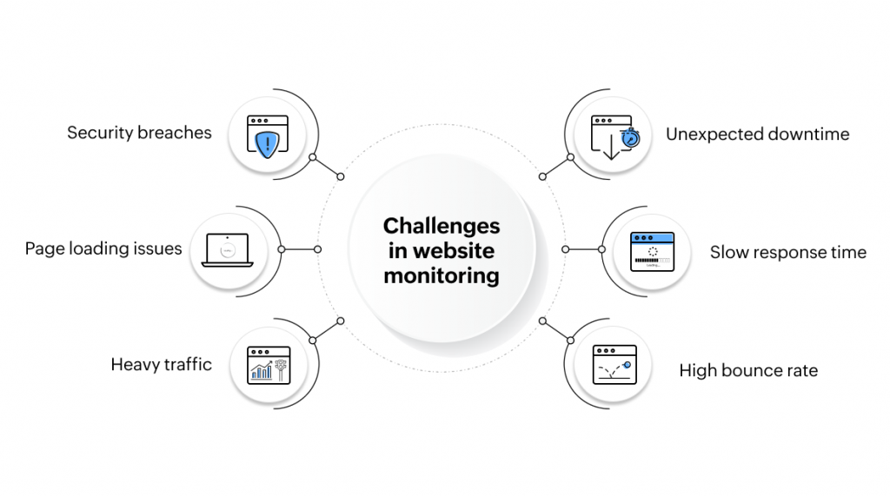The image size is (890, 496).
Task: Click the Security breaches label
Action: [139, 133]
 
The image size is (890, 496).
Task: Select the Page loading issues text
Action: [103, 249]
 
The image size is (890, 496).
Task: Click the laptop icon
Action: [227, 250]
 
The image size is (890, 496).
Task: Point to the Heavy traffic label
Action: [161, 365]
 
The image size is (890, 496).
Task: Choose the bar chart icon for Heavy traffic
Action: [262, 372]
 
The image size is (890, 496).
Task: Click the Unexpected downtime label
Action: [757, 135]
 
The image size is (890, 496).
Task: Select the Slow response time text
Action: [787, 253]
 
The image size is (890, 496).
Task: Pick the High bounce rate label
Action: [748, 371]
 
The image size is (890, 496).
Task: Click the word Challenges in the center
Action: [442, 226]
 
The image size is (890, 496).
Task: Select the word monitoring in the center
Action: [442, 276]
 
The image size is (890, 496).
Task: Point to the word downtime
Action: [808, 135]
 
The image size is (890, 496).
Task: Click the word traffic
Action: [185, 365]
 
